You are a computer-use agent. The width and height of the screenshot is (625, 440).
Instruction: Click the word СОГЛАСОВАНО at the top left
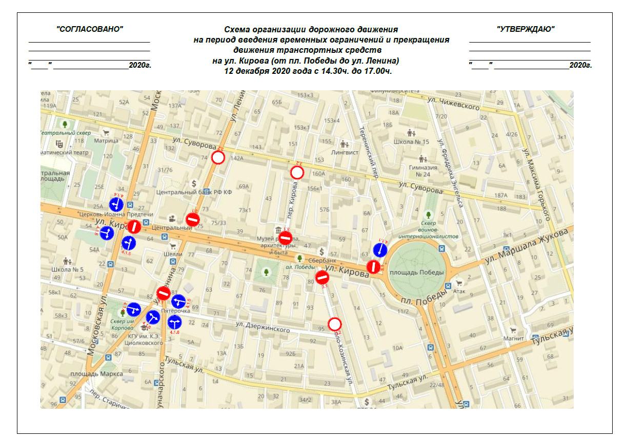(x=90, y=29)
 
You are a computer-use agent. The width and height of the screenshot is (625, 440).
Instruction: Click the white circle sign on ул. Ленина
(x=219, y=157)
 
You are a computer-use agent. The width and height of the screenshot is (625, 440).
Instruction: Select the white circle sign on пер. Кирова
(x=297, y=173)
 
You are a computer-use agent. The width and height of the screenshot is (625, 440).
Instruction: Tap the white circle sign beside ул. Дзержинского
(x=335, y=324)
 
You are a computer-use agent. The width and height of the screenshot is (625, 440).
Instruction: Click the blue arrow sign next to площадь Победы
(x=380, y=250)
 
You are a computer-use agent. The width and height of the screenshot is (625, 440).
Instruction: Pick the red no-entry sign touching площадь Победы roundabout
(x=374, y=267)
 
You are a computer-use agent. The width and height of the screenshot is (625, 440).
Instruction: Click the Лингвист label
(x=345, y=152)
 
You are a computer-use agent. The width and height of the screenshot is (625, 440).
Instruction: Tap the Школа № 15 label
(x=411, y=142)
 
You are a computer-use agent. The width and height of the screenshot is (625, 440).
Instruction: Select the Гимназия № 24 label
(x=423, y=171)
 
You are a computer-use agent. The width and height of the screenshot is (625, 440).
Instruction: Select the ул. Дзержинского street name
(x=263, y=326)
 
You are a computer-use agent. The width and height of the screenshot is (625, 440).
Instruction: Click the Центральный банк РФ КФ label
(x=194, y=192)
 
